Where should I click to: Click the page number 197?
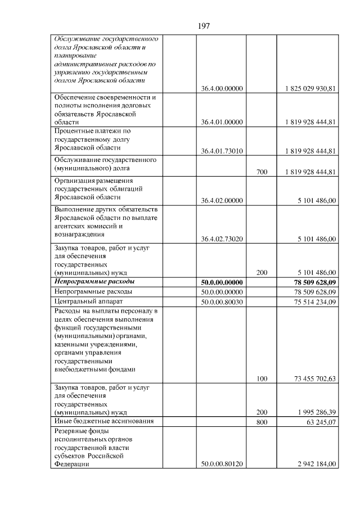(x=204, y=25)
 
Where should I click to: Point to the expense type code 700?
(x=262, y=172)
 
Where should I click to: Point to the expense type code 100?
(x=262, y=379)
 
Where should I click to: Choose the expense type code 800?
(x=262, y=422)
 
